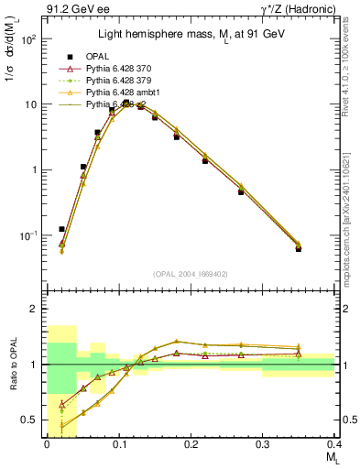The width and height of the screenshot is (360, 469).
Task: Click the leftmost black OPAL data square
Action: pyautogui.click(x=61, y=229)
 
